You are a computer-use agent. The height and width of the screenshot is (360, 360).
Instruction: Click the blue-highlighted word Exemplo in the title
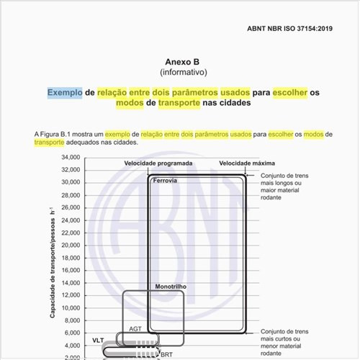(65, 93)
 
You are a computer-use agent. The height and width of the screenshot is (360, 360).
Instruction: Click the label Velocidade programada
(158, 163)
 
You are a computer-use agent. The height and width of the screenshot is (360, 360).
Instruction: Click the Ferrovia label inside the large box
(165, 181)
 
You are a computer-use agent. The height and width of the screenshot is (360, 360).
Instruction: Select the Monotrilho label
(171, 287)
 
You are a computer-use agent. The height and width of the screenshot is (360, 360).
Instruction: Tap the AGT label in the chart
(135, 328)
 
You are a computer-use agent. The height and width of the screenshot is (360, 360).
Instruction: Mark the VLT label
(98, 338)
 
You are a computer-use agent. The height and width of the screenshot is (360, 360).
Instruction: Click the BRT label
(167, 354)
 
